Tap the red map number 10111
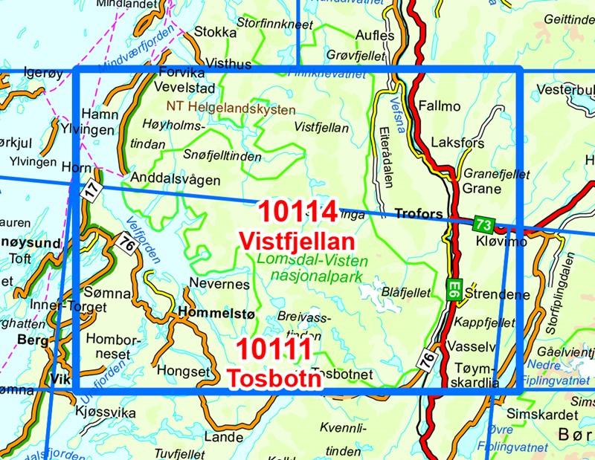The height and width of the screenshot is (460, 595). point(274,350)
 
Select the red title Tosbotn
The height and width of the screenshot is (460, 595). point(274,378)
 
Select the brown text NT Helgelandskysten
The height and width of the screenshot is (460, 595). point(231,107)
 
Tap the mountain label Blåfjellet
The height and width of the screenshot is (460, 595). point(405,294)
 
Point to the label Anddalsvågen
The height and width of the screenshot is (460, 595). point(175,179)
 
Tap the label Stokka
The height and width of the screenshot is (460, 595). point(214,32)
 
